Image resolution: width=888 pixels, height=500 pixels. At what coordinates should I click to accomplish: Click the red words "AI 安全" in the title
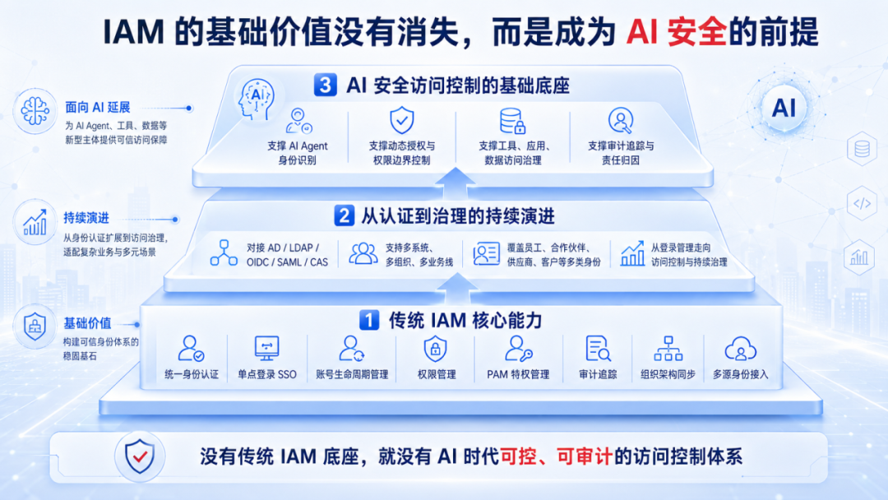[676, 32]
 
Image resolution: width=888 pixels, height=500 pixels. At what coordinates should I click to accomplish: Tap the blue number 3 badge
[325, 85]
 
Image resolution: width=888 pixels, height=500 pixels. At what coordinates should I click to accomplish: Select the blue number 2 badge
[344, 215]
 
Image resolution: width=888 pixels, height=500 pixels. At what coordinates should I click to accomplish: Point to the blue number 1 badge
[369, 320]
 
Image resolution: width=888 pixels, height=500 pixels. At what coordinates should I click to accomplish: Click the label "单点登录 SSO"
[267, 374]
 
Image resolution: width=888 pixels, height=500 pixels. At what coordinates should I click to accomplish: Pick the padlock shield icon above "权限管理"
[435, 348]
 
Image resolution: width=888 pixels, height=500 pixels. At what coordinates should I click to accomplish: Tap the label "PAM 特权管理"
[518, 374]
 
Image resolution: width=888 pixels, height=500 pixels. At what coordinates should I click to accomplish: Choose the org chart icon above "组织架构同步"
[668, 348]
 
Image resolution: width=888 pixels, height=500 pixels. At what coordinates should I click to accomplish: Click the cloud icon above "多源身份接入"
[740, 348]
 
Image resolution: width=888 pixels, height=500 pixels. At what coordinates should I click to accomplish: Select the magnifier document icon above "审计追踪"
[598, 348]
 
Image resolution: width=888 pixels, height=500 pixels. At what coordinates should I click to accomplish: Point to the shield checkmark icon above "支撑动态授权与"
[401, 121]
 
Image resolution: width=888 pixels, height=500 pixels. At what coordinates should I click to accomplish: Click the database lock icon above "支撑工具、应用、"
[512, 121]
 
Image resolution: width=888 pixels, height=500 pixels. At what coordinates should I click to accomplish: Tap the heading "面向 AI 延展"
[97, 108]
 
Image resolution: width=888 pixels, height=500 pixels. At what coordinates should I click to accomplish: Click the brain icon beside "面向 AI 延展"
[35, 111]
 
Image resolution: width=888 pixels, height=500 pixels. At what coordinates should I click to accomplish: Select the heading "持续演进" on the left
[86, 218]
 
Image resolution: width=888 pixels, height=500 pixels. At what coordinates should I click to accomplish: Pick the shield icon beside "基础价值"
[35, 326]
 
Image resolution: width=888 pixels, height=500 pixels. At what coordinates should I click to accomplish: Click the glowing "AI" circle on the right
[784, 108]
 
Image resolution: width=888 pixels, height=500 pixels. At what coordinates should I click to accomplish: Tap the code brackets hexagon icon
[862, 204]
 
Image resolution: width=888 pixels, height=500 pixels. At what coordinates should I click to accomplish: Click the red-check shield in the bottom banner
[139, 456]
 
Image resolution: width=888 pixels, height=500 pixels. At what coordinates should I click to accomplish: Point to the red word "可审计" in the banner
[585, 456]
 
